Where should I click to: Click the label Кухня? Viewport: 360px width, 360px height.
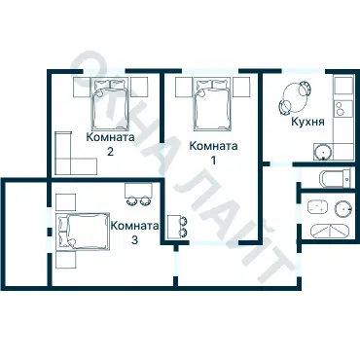click(307, 122)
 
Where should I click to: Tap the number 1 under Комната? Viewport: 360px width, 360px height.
click(213, 161)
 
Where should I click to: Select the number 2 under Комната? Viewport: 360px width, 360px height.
click(110, 152)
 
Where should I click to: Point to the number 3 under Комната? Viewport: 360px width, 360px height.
click(134, 240)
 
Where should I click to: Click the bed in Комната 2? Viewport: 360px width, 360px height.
click(110, 103)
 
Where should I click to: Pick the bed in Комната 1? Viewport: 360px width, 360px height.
click(212, 104)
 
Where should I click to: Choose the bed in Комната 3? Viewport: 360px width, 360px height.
click(83, 232)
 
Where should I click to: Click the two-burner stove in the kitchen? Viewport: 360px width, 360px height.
click(343, 109)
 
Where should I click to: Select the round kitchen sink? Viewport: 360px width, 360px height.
click(323, 152)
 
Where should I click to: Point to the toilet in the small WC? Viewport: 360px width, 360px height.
click(335, 179)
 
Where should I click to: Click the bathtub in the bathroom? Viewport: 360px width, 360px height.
click(330, 231)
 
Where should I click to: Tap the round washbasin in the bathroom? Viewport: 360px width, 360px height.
click(343, 208)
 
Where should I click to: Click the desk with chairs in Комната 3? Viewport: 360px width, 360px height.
click(138, 194)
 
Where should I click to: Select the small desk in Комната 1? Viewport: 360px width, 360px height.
click(177, 227)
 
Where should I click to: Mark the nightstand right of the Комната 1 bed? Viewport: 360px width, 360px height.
click(241, 87)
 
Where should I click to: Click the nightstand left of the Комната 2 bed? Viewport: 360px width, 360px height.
click(82, 87)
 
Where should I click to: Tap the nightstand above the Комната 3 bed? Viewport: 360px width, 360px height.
click(66, 202)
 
